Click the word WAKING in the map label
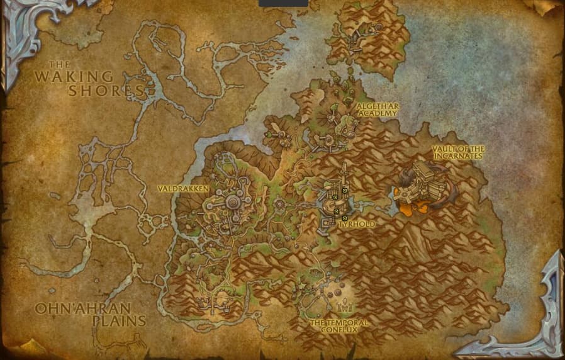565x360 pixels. point(74,77)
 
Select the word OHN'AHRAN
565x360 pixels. point(82,308)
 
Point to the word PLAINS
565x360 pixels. point(119,321)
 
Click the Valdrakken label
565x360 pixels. point(181,188)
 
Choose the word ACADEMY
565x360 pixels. point(376,115)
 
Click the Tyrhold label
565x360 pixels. point(357,225)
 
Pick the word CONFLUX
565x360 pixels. point(339,330)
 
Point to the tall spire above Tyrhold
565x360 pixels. point(345,173)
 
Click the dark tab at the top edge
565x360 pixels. point(284,3)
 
